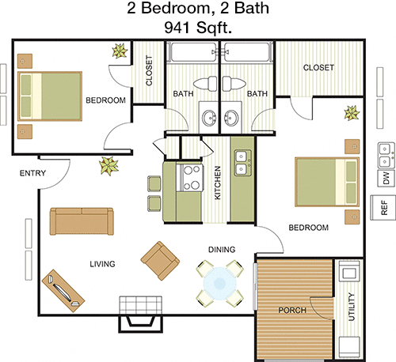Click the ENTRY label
[32, 173]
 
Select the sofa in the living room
[82, 221]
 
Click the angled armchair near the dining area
[160, 261]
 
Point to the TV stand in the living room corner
[63, 291]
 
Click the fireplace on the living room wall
[140, 314]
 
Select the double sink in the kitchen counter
[243, 163]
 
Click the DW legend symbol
[386, 178]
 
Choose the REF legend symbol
[383, 208]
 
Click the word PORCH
[292, 311]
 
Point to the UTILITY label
[352, 307]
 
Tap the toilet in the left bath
[205, 84]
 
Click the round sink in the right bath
[231, 118]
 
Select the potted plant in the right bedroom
[352, 113]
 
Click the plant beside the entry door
[109, 166]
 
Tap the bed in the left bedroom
[50, 96]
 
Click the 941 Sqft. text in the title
[198, 28]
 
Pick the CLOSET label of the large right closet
[318, 68]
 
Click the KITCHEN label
[217, 183]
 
